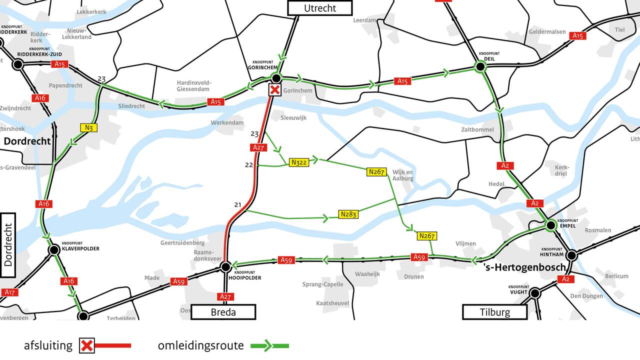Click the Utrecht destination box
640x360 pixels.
click(x=319, y=8)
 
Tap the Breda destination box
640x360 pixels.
click(x=223, y=312)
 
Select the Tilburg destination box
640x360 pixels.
click(x=494, y=312)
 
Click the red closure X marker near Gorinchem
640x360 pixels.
click(x=274, y=90)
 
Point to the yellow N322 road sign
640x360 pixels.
click(x=299, y=162)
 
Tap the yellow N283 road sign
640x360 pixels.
click(x=348, y=214)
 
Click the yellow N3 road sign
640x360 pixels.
click(x=89, y=127)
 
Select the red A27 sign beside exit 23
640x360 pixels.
click(x=258, y=147)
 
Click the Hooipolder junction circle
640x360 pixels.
click(x=225, y=267)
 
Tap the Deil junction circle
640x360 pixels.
click(x=480, y=66)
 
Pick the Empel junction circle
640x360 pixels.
click(x=551, y=225)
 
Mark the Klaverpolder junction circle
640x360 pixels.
click(x=54, y=249)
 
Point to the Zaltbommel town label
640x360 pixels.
click(x=477, y=129)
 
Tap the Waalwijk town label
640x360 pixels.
click(x=367, y=274)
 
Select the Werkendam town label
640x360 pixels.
click(x=227, y=122)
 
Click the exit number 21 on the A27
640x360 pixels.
click(x=237, y=204)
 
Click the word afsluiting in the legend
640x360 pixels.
click(x=48, y=345)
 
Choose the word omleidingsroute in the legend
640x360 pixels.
click(x=201, y=345)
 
